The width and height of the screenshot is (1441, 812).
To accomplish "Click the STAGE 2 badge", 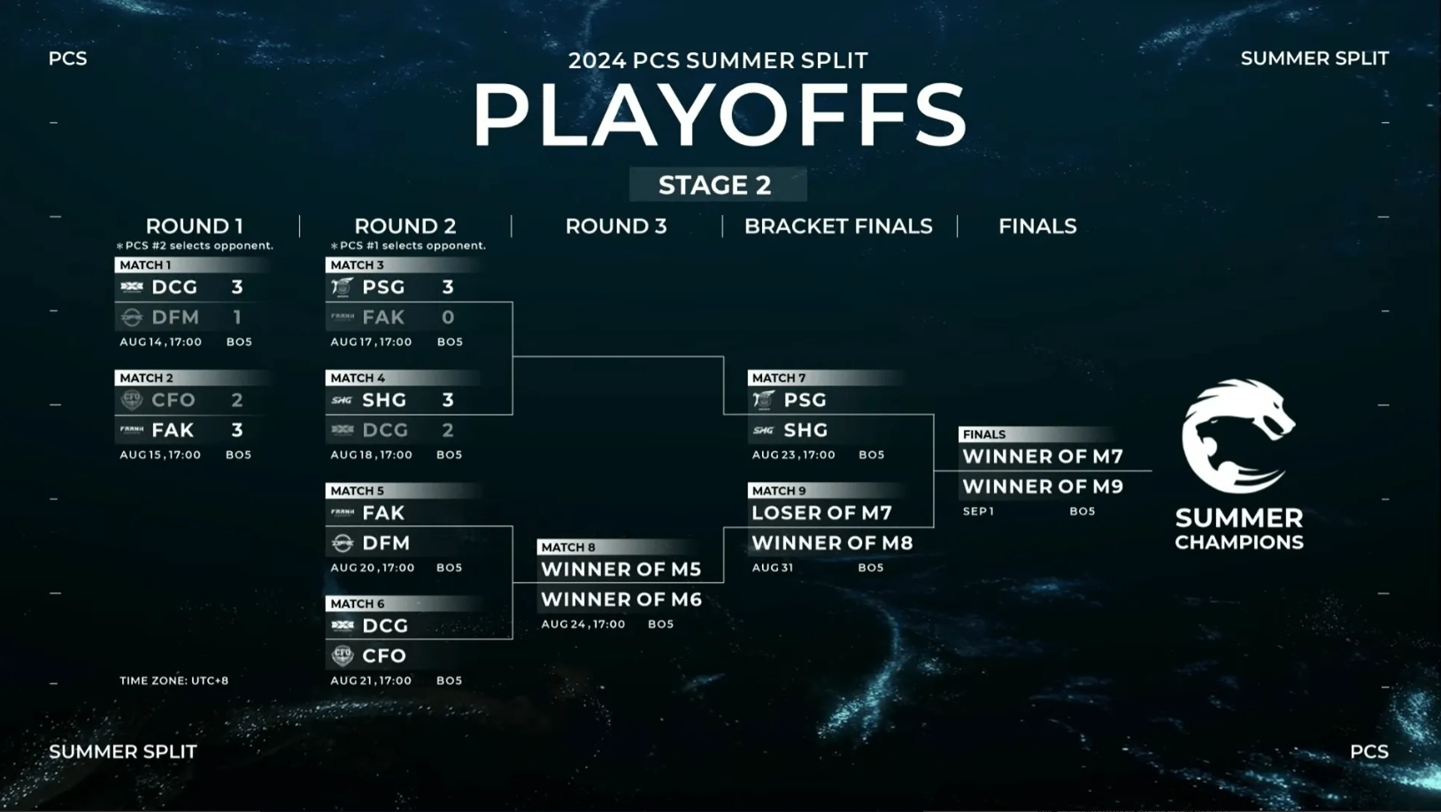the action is coord(717,185).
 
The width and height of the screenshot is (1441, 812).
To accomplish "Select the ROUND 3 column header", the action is coord(616,226).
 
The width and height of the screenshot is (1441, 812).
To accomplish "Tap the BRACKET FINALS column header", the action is coord(838,226).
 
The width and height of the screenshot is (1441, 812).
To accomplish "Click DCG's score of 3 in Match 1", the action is coord(237,287).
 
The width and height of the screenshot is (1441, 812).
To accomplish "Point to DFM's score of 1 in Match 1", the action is coord(237,317).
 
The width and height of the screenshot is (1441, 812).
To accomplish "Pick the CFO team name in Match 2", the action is coord(173,400).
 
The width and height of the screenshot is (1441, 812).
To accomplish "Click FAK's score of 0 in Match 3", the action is coord(448,317).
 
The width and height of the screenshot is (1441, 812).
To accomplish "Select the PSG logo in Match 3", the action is coord(343,287).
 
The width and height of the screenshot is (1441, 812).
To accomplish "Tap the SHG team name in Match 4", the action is coord(384,400).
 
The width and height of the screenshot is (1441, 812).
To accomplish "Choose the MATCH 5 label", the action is coord(357,491).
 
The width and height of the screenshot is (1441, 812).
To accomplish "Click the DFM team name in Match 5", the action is coord(386,543).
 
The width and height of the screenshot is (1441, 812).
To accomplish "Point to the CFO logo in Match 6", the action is coord(343,655).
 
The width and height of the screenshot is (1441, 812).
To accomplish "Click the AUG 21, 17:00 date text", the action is coord(371,680).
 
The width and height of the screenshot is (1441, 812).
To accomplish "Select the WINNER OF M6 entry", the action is coord(621,600).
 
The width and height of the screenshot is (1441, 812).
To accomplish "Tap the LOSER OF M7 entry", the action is coord(822,513).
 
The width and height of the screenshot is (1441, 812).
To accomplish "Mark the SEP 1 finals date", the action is coord(978,511).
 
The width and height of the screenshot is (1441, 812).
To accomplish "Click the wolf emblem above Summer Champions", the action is coord(1237,437).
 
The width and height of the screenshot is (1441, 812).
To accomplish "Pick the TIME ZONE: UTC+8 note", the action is coord(173,680).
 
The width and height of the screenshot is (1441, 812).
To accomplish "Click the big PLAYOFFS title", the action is coord(720,116).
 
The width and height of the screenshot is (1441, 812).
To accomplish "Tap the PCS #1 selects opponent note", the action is coord(409,246).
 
